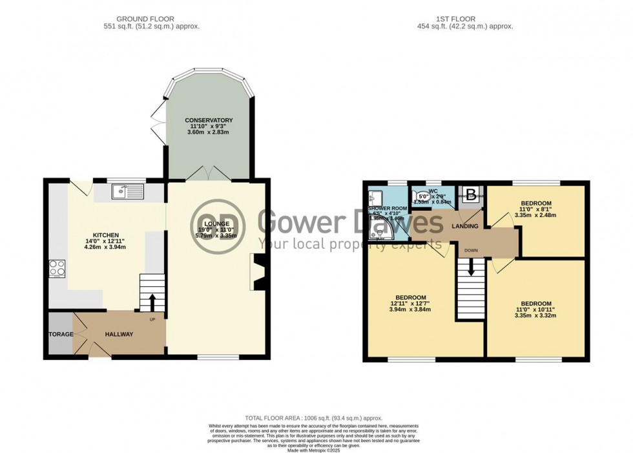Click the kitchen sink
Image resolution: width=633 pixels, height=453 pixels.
pyautogui.click(x=127, y=191)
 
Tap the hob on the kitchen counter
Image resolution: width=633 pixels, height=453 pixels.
pyautogui.click(x=56, y=267)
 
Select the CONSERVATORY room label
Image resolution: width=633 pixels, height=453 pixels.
pyautogui.click(x=209, y=120)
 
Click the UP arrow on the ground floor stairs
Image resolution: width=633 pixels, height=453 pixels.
pyautogui.click(x=152, y=302)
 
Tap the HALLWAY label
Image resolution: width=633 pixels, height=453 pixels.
pyautogui.click(x=119, y=334)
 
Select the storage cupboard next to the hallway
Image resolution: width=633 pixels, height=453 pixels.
pyautogui.click(x=60, y=334)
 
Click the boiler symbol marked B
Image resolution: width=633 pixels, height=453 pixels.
pyautogui.click(x=472, y=194)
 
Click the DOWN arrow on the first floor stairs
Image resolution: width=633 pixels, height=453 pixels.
pyautogui.click(x=470, y=265)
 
